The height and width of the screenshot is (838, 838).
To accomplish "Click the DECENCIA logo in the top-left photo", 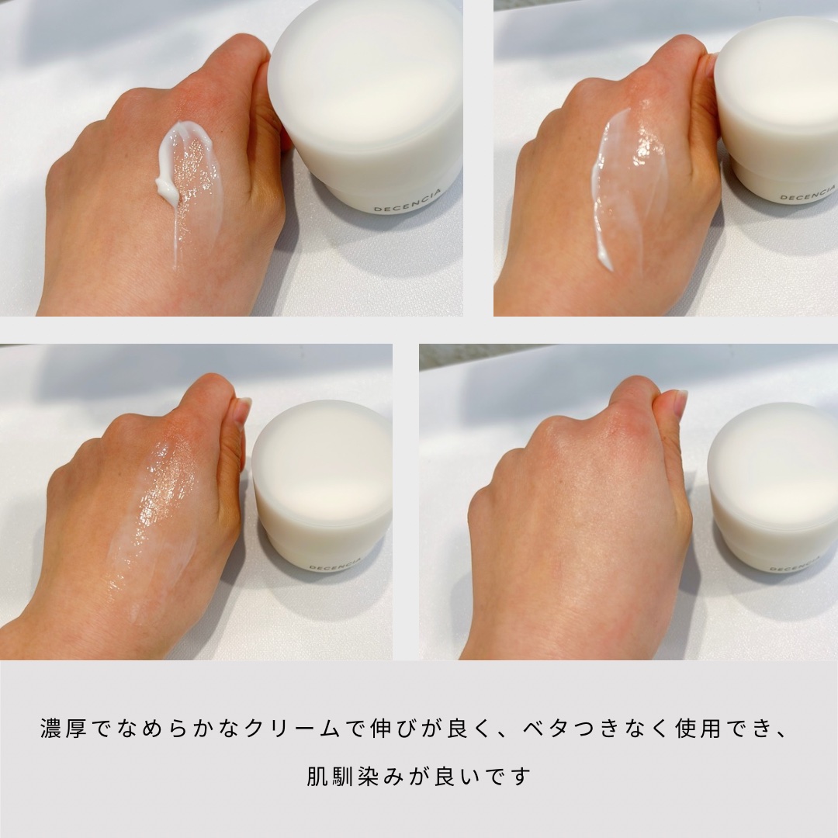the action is [408, 200].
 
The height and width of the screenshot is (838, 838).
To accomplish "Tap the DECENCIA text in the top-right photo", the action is [808, 193].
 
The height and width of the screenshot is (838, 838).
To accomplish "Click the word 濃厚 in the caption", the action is [63, 729].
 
